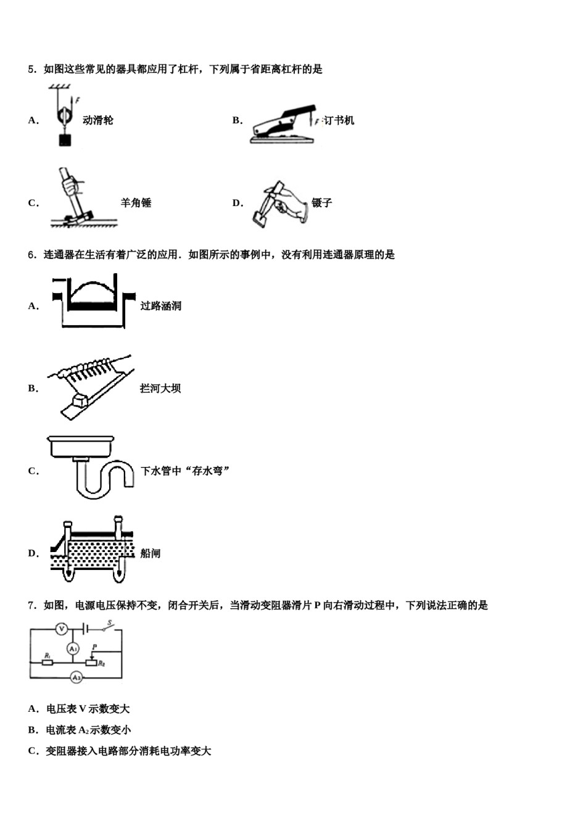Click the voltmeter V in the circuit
point(61,629)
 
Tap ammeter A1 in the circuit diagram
point(73,648)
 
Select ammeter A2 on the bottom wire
point(76,677)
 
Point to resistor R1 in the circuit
point(47,662)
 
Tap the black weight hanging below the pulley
point(64,140)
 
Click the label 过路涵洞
point(160,306)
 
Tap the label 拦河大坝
point(160,389)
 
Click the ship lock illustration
point(93,551)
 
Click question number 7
point(33,606)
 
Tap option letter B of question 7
point(33,730)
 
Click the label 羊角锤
point(136,203)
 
